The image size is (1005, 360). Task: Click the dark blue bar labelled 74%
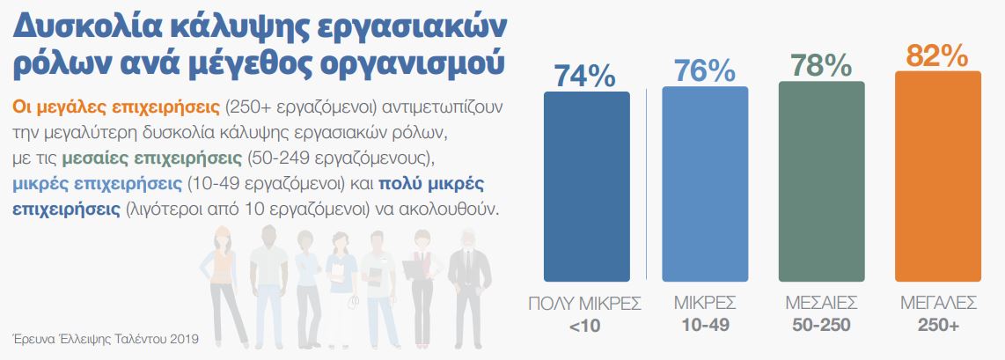pyautogui.click(x=586, y=186)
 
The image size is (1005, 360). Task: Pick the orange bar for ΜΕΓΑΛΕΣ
pyautogui.click(x=938, y=176)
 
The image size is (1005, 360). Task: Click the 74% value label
pyautogui.click(x=585, y=75)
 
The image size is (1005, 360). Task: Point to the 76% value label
pyautogui.click(x=704, y=70)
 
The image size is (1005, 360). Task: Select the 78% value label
pyautogui.click(x=821, y=66)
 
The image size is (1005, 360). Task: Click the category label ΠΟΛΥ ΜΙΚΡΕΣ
pyautogui.click(x=585, y=304)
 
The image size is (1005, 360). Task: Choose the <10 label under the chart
pyautogui.click(x=585, y=325)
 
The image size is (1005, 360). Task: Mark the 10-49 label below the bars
pyautogui.click(x=704, y=325)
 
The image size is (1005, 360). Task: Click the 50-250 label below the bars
pyautogui.click(x=821, y=325)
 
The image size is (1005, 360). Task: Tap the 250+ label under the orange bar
pyautogui.click(x=938, y=325)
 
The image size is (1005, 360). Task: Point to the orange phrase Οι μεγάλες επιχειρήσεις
pyautogui.click(x=115, y=107)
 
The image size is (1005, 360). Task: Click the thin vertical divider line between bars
pyautogui.click(x=646, y=185)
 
